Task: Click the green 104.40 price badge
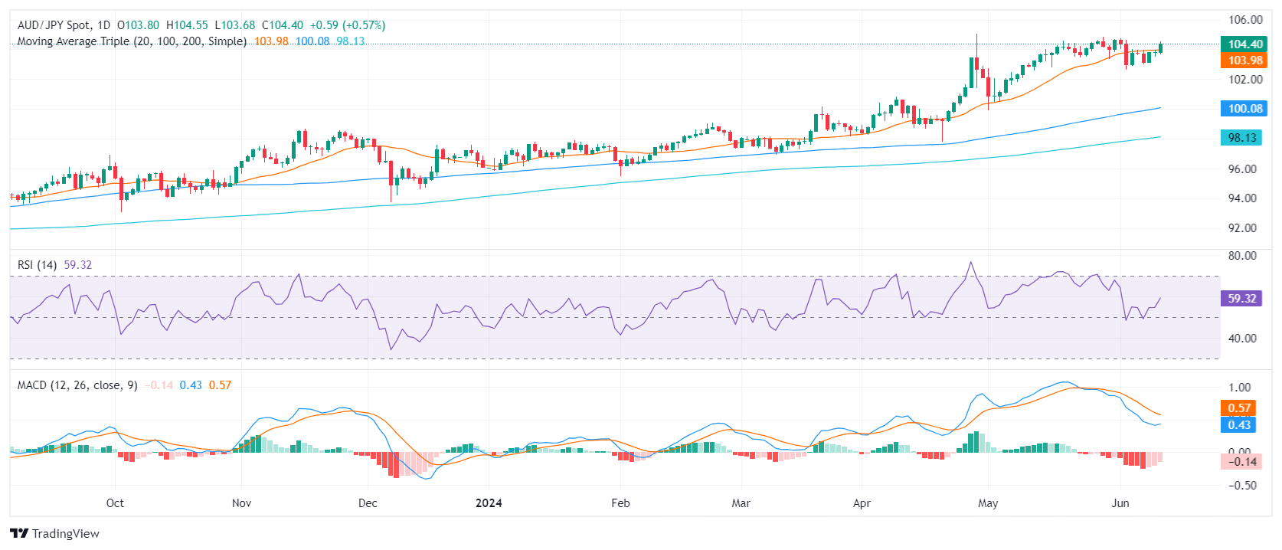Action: coord(1244,44)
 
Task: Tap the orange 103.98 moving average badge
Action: coord(1244,61)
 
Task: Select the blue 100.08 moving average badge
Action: coord(1244,109)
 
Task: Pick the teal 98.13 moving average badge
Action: coord(1241,138)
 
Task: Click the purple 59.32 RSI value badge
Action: coord(1241,299)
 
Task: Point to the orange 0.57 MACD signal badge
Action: coord(1239,408)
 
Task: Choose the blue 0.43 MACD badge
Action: coord(1239,425)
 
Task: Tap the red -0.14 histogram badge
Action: coord(1241,461)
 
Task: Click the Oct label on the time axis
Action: coord(115,503)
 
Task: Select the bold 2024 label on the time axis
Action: coord(489,503)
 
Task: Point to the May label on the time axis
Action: coord(988,503)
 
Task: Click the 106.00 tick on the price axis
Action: coord(1245,20)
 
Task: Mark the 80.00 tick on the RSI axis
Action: coord(1242,256)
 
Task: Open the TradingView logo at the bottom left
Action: coord(55,534)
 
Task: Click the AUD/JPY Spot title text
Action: coord(54,25)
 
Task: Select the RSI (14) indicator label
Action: coord(37,265)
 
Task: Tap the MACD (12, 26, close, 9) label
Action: coord(77,385)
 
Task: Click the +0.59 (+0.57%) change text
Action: coord(348,25)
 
